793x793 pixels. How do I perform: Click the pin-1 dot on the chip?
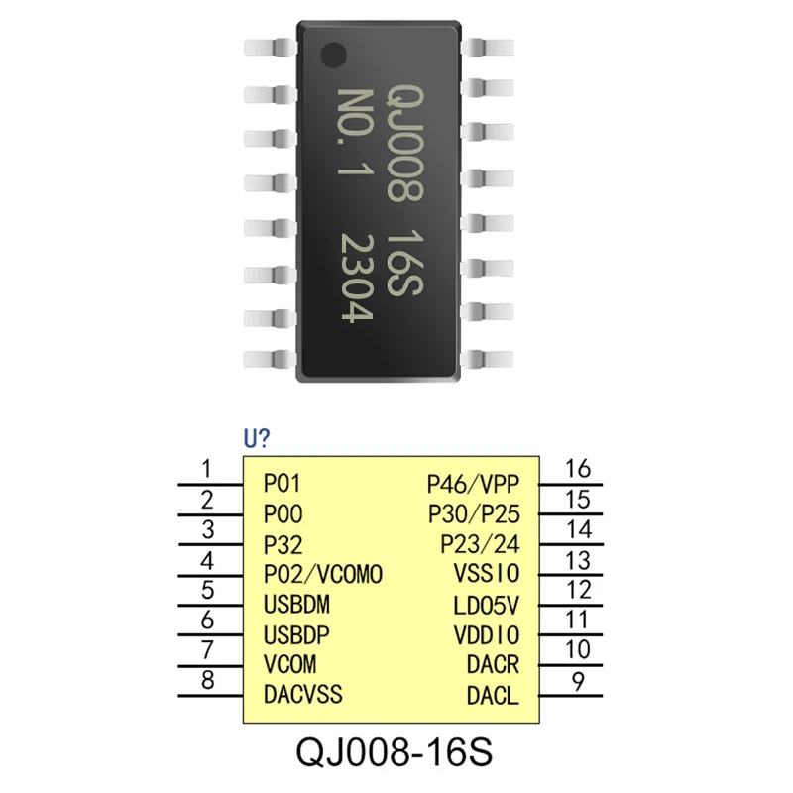point(337,55)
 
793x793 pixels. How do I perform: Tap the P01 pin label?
point(283,484)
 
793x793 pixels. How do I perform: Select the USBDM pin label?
point(297,605)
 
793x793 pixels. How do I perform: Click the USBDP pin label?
point(297,634)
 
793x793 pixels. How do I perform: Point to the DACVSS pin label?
point(303,694)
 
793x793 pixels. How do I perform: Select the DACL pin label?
point(493,696)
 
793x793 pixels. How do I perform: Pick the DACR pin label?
point(493,665)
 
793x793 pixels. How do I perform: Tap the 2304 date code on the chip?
point(355,279)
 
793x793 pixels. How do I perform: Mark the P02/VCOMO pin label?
point(323,575)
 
